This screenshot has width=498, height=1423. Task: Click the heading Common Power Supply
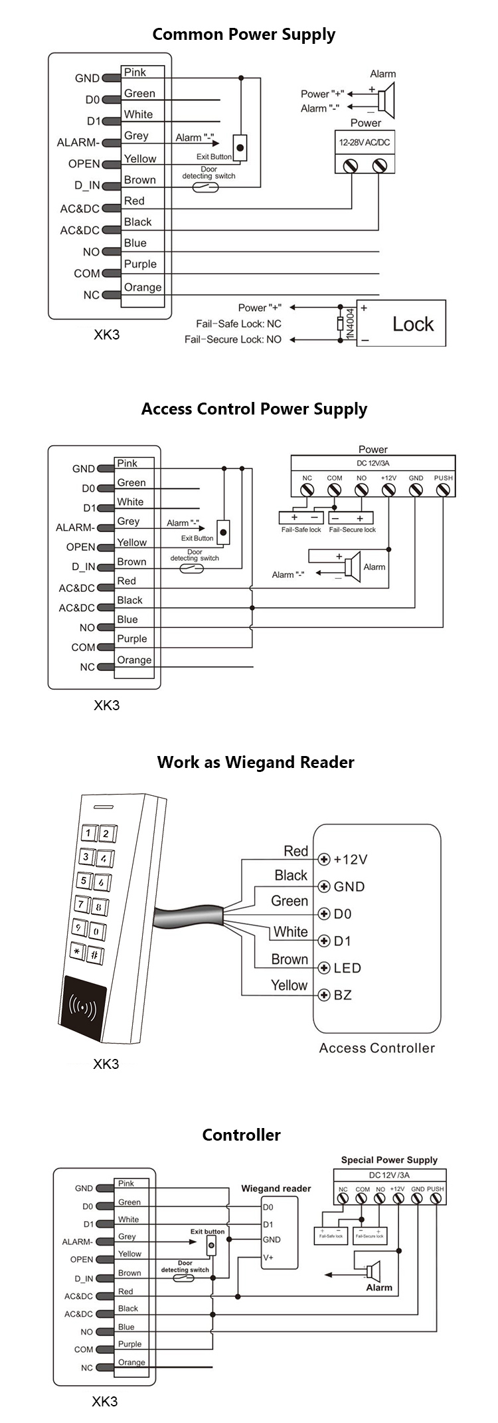click(244, 35)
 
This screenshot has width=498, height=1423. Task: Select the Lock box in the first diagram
click(402, 324)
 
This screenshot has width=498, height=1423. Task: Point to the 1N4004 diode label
click(350, 324)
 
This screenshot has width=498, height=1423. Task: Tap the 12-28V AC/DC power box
click(365, 142)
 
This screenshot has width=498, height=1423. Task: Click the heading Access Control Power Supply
click(254, 409)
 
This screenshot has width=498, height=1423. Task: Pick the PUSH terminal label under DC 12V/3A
click(443, 478)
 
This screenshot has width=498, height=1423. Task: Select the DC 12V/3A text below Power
click(373, 463)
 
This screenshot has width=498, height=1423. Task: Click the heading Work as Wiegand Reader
click(256, 762)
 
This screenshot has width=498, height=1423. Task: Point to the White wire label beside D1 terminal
click(290, 931)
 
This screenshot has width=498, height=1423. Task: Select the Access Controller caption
click(376, 1048)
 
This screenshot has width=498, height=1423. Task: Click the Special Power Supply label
click(389, 1160)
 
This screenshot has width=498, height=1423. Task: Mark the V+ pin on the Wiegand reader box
click(268, 1258)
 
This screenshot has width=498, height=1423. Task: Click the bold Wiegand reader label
click(276, 1188)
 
